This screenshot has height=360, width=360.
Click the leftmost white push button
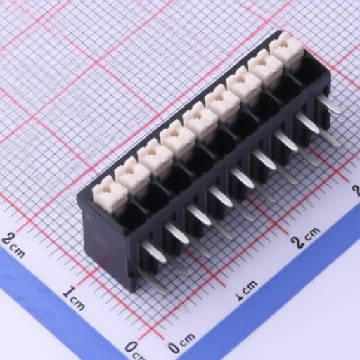[110, 195]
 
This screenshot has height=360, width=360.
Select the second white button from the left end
[132, 176]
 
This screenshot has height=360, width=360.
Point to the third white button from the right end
[245, 87]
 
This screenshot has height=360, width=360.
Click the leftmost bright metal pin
[154, 252]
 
